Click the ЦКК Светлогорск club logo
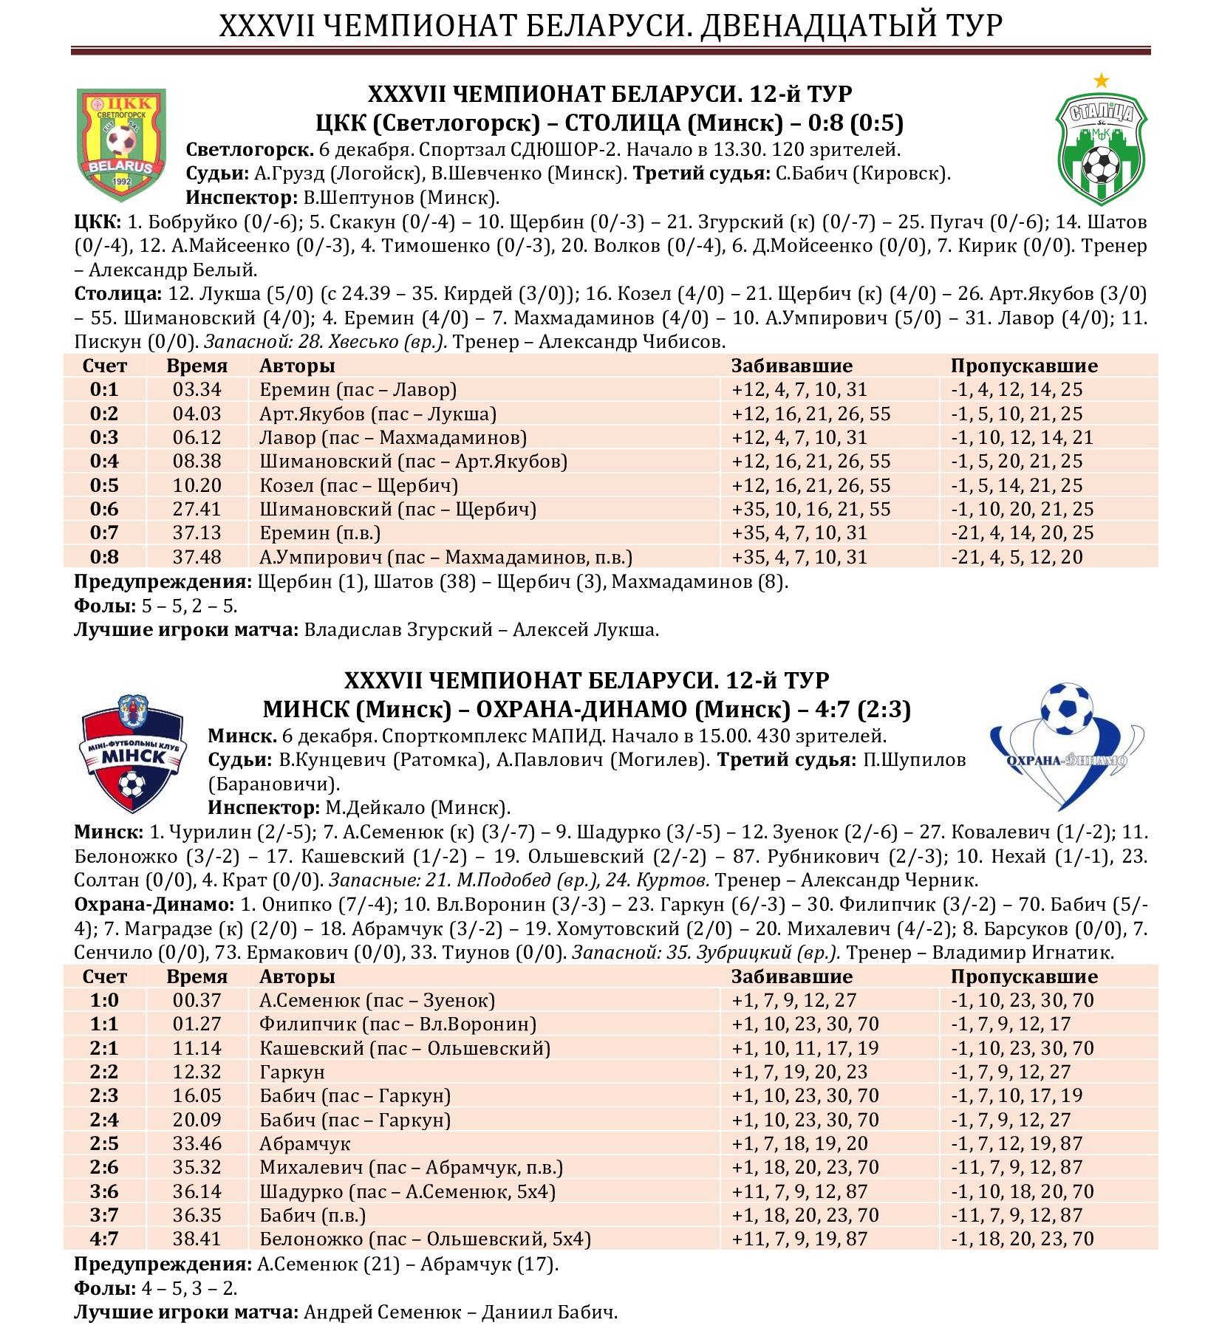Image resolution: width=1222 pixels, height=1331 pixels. (x=122, y=145)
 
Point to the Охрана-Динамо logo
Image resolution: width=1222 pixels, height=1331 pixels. (x=1066, y=746)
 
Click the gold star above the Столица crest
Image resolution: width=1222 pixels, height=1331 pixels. (x=1101, y=80)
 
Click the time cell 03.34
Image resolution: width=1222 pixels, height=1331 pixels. (x=197, y=390)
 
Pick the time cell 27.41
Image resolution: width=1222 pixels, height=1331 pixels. (x=197, y=510)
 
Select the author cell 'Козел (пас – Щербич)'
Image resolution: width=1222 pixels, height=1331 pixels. (x=358, y=486)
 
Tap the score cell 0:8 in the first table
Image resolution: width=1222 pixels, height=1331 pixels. (x=104, y=558)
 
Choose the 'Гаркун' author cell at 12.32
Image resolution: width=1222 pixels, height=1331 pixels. (x=292, y=1072)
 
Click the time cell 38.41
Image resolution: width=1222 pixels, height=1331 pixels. (x=197, y=1239)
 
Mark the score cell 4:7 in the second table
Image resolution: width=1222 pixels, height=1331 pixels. (x=104, y=1239)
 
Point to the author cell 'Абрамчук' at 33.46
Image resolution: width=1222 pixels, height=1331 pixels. (x=304, y=1144)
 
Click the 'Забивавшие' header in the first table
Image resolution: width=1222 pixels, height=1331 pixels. (x=791, y=366)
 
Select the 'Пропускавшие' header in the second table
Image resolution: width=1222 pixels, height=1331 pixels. (x=1023, y=977)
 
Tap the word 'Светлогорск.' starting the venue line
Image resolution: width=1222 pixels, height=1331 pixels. (x=250, y=150)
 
